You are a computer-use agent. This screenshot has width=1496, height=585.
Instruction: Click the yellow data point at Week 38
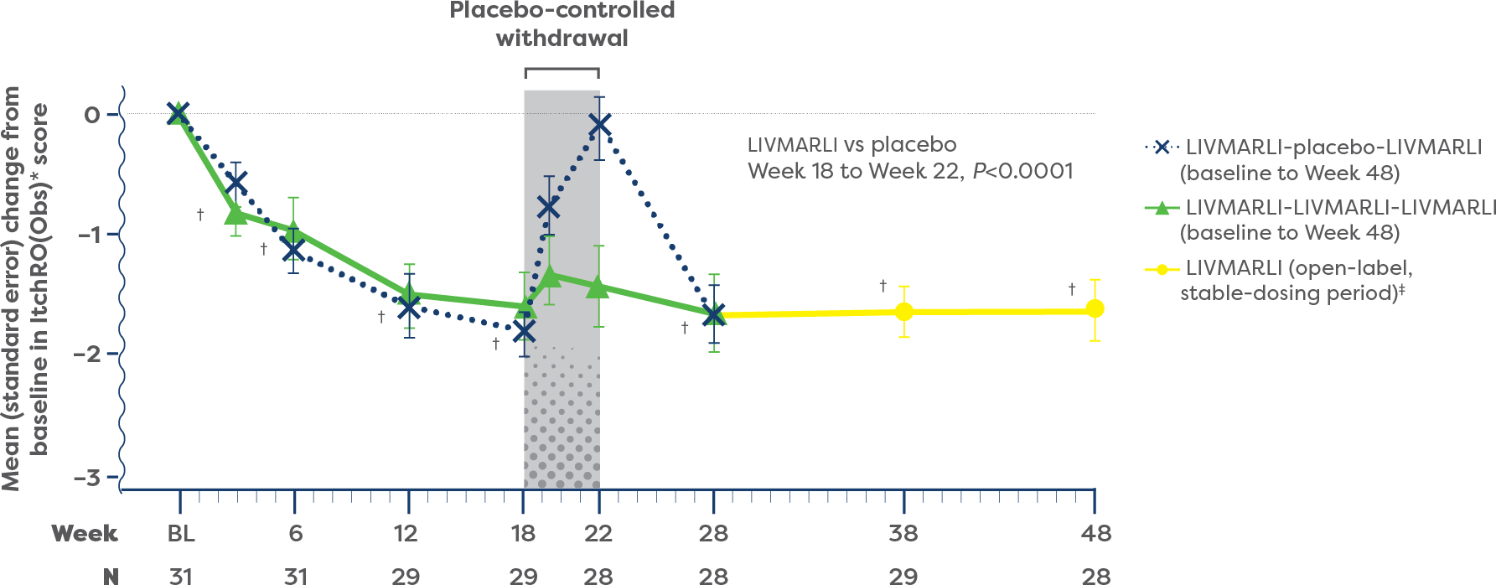pyautogui.click(x=903, y=312)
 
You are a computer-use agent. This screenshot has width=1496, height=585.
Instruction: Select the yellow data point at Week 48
pyautogui.click(x=1095, y=309)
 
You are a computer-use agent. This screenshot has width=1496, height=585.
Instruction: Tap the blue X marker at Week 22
pyautogui.click(x=599, y=125)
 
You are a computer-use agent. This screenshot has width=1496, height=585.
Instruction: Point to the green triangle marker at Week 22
pyautogui.click(x=598, y=287)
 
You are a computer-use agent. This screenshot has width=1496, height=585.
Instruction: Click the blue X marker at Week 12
pyautogui.click(x=408, y=308)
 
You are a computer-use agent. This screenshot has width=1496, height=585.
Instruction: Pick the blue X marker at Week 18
pyautogui.click(x=524, y=332)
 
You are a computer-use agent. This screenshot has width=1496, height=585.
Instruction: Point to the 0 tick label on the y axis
pyautogui.click(x=91, y=115)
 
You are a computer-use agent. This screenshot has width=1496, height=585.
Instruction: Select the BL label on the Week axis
pyautogui.click(x=180, y=534)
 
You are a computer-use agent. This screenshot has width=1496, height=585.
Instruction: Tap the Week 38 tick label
pyautogui.click(x=903, y=534)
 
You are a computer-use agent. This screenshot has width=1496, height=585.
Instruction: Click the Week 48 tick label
pyautogui.click(x=1095, y=534)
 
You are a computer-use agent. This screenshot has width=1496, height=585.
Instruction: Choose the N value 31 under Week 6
pyautogui.click(x=295, y=576)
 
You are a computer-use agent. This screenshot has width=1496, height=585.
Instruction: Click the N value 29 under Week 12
pyautogui.click(x=406, y=576)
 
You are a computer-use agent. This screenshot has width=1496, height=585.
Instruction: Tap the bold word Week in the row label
pyautogui.click(x=85, y=534)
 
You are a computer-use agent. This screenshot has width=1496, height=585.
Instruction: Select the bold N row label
pyautogui.click(x=110, y=576)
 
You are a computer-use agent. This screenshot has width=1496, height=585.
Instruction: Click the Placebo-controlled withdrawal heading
pyautogui.click(x=562, y=24)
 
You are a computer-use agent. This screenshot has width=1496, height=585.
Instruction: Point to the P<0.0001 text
pyautogui.click(x=1022, y=172)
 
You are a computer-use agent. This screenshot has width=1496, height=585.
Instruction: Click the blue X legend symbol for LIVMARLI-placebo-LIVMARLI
pyautogui.click(x=1162, y=148)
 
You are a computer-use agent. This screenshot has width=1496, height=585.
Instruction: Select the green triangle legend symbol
pyautogui.click(x=1162, y=208)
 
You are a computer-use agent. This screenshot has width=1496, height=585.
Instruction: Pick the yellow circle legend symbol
pyautogui.click(x=1162, y=269)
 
